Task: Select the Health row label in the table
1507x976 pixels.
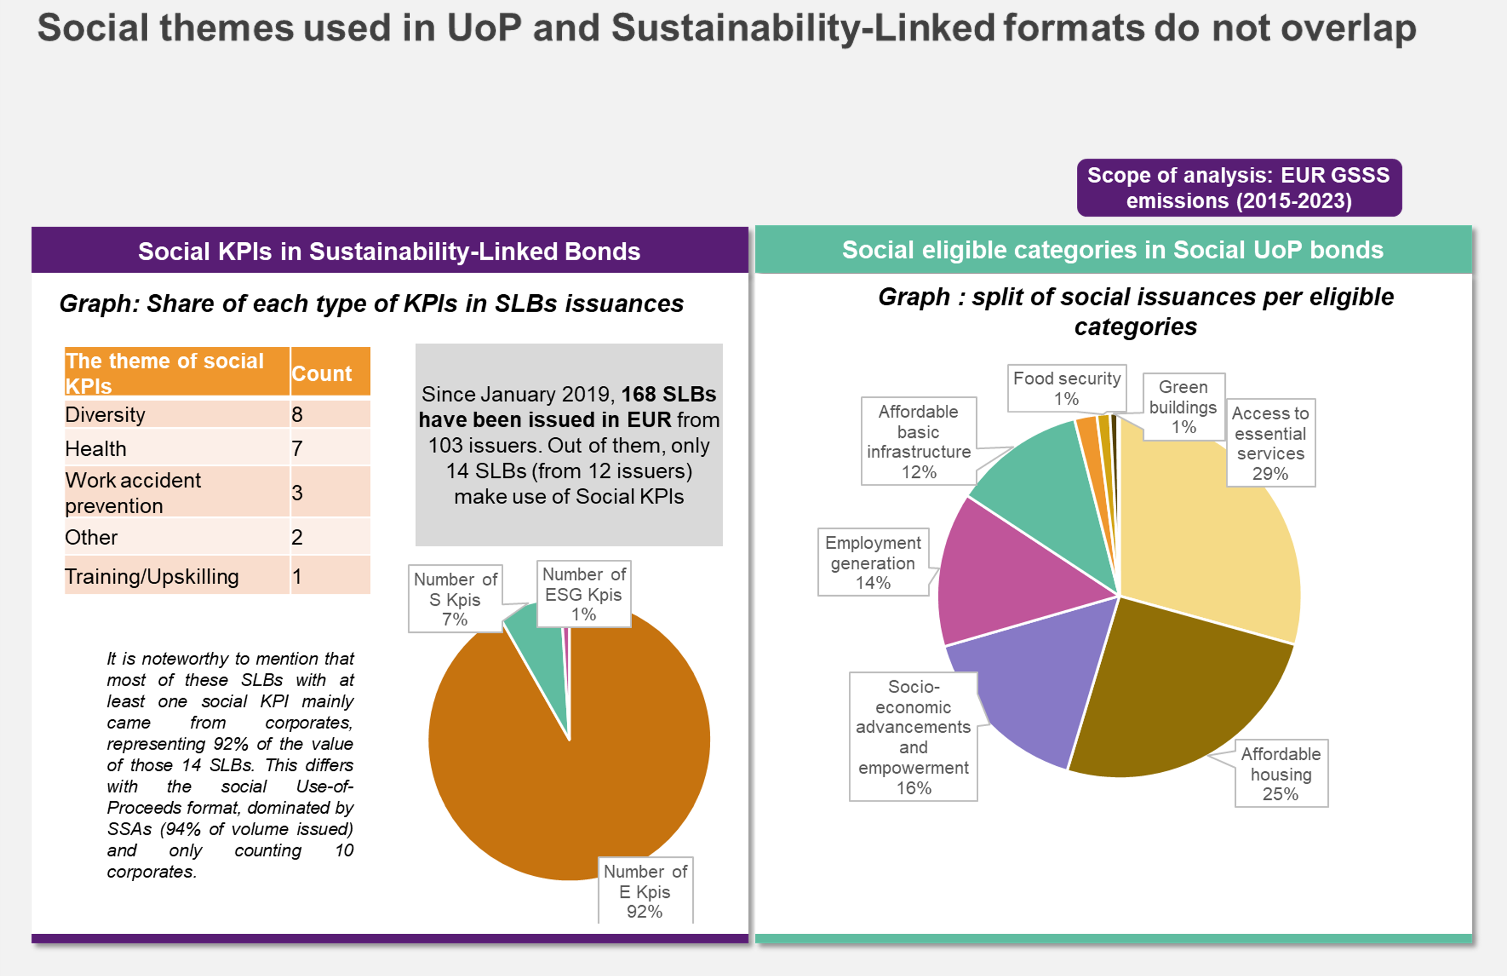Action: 96,448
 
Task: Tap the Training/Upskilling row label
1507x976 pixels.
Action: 152,577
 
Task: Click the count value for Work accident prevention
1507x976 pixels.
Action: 329,492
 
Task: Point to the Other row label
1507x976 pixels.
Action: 91,537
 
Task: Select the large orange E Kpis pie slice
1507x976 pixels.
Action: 570,792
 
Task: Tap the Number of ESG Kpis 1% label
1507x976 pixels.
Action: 583,594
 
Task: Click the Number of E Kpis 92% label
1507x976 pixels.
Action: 645,890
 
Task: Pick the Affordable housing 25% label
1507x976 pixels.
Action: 1281,773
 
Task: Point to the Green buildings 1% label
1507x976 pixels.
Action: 1183,406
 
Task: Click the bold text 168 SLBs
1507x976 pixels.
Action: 668,394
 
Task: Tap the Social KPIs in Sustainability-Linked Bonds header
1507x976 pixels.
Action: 389,251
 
